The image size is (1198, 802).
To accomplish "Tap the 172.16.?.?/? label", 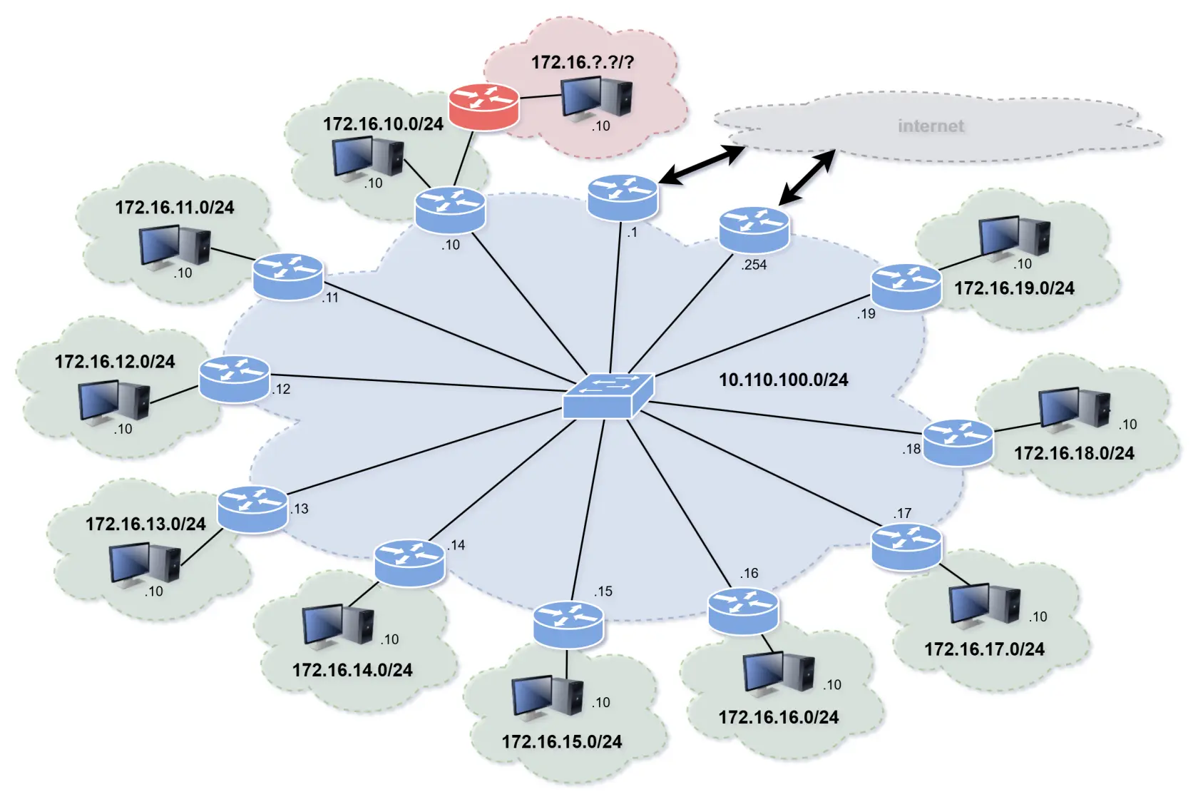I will pos(582,62).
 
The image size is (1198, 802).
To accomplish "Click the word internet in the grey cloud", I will pos(931,126).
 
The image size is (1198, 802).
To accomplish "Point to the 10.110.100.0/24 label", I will pos(783,380).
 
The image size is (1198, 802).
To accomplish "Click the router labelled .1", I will pos(622,196).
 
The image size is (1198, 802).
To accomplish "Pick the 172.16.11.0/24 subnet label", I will pos(175,208).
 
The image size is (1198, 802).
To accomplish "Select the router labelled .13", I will pos(252,508).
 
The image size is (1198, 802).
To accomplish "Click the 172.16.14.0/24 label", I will pos(352,670).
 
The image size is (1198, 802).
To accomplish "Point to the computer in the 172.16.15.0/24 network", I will pos(548,696).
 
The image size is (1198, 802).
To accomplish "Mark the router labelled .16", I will pos(743,610).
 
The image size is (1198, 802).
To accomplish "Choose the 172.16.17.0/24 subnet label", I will pos(984,649).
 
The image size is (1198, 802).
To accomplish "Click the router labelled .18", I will pos(958,442).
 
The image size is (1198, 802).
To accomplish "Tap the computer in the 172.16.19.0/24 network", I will pos(1014,236).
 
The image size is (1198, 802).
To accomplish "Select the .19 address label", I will pos(866,314).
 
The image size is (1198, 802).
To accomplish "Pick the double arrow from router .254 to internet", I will pos(807,178).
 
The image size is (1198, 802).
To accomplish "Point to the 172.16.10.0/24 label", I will pos(383,124).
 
